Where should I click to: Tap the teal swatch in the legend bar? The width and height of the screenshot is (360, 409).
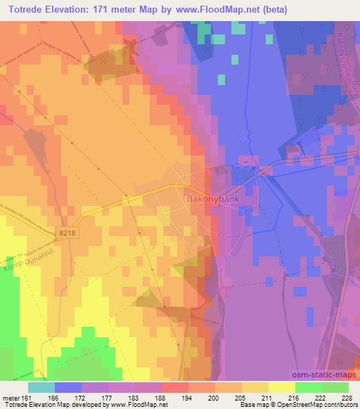point(41,387)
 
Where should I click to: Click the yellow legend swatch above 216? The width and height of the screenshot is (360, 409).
point(282,387)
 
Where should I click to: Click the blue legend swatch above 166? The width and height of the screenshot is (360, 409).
point(68,387)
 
